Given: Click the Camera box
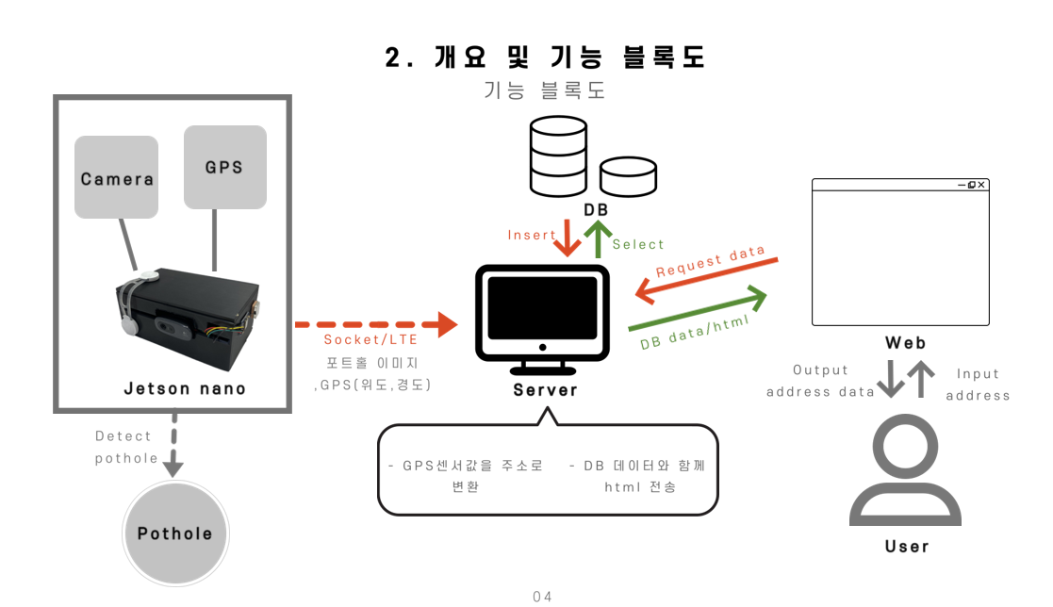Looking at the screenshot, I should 117,177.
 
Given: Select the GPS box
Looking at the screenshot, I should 224,167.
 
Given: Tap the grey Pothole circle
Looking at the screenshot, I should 175,533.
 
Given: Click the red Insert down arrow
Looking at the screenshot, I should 568,238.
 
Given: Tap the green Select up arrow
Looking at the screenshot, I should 598,240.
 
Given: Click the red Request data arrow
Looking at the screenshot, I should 706,280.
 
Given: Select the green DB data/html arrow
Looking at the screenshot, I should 699,310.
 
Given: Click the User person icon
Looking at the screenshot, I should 905,473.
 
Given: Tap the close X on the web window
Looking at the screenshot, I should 981,185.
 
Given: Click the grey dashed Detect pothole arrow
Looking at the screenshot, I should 173,443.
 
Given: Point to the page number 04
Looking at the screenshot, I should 542,596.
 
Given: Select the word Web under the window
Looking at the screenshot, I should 905,343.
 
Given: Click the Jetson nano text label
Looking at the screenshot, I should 185,388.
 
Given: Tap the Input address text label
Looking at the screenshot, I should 978,385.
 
